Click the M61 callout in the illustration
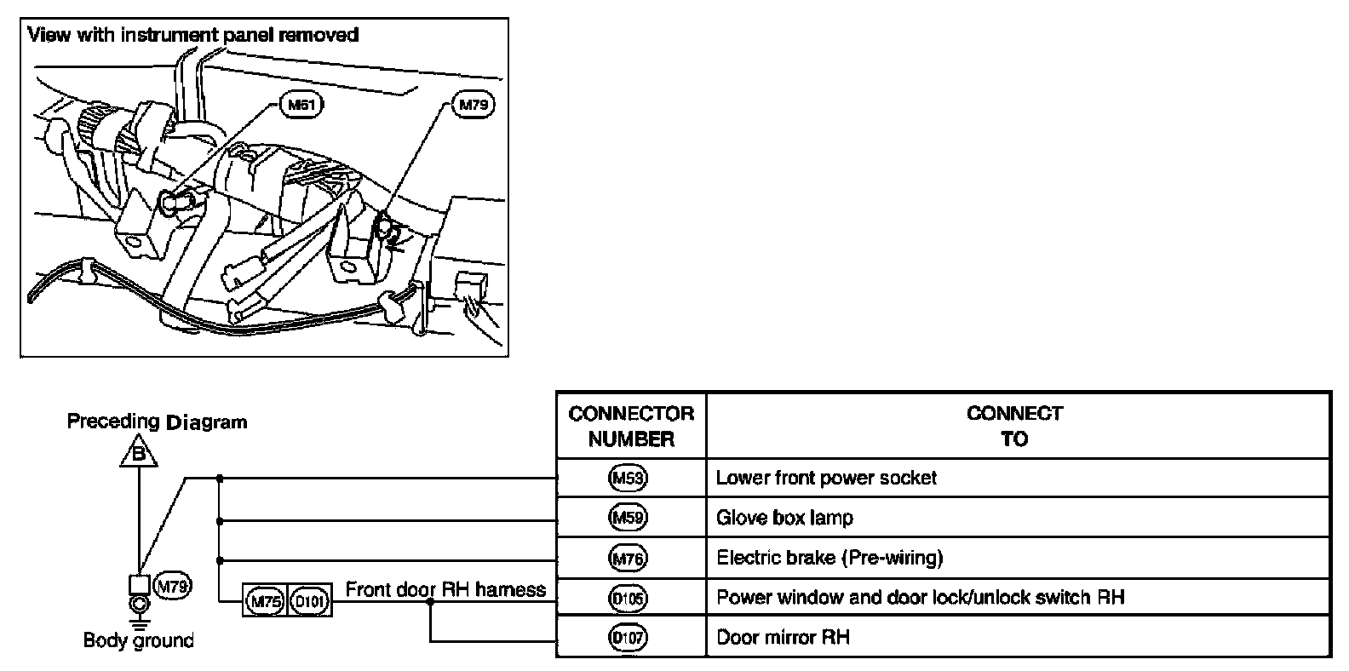(301, 106)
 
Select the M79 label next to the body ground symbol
(172, 586)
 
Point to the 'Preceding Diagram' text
(157, 422)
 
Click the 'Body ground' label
(138, 640)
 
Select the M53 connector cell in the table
(629, 479)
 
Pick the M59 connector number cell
(629, 518)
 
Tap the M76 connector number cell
(629, 559)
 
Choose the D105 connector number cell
(629, 598)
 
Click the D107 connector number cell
(629, 637)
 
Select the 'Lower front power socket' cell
(826, 479)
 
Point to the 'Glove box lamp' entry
(784, 518)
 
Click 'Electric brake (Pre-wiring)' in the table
(829, 559)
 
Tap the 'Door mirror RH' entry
(783, 637)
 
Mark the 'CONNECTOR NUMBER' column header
(631, 427)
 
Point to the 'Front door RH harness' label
(445, 590)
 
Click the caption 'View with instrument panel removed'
(193, 35)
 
